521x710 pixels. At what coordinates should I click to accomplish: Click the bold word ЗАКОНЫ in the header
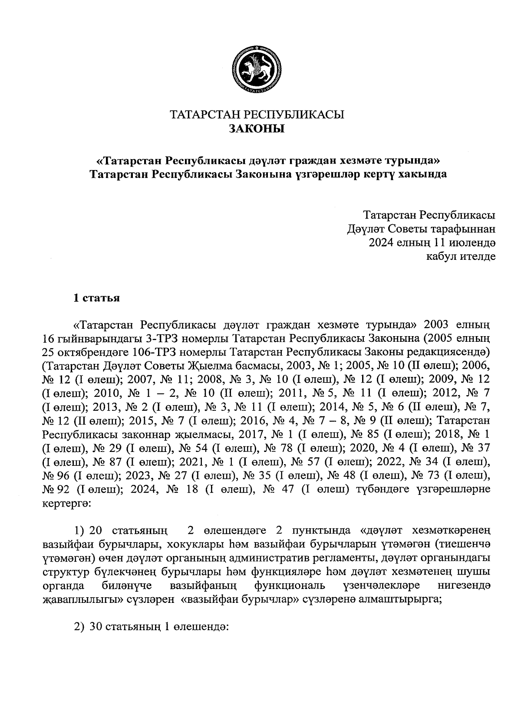[x=256, y=128]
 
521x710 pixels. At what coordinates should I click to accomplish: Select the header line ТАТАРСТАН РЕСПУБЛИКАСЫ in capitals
[x=256, y=115]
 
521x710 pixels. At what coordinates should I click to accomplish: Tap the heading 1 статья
[x=96, y=298]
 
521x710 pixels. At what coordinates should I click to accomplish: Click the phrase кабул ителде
[x=461, y=256]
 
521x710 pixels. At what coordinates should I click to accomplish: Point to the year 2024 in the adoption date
[x=381, y=242]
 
